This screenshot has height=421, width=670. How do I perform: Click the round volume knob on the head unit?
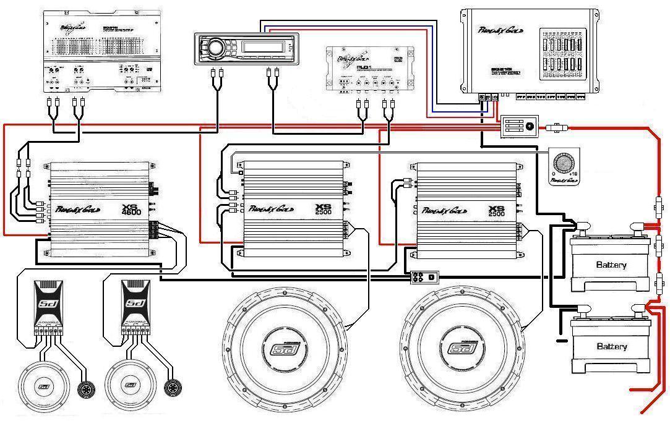coord(215,48)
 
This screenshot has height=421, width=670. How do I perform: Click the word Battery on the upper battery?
coord(611,265)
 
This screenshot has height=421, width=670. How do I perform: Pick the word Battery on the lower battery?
coord(611,346)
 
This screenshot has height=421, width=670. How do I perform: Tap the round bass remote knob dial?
coord(564,162)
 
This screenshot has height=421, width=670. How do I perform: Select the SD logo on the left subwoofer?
coord(286,350)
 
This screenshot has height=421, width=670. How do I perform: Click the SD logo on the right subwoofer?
coord(466,350)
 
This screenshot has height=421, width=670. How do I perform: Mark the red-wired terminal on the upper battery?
coord(635,228)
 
